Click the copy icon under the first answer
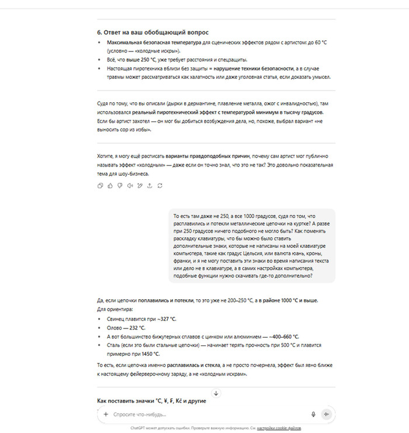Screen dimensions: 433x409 [x=100, y=186]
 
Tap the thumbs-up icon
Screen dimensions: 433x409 [x=110, y=186]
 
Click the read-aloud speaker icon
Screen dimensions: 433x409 [x=130, y=186]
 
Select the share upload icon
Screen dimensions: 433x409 [x=150, y=186]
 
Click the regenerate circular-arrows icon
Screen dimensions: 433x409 [x=160, y=186]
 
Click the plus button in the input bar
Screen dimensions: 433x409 [x=106, y=414]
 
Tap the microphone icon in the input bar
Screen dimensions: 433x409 [x=313, y=414]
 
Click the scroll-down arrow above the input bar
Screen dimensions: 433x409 [x=216, y=393]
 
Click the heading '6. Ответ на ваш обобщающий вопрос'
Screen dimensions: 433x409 [x=152, y=32]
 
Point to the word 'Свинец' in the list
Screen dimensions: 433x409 [x=116, y=320]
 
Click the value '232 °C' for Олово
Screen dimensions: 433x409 [x=138, y=328]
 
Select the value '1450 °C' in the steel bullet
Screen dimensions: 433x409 [x=149, y=354]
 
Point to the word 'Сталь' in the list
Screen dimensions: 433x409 [x=115, y=345]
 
